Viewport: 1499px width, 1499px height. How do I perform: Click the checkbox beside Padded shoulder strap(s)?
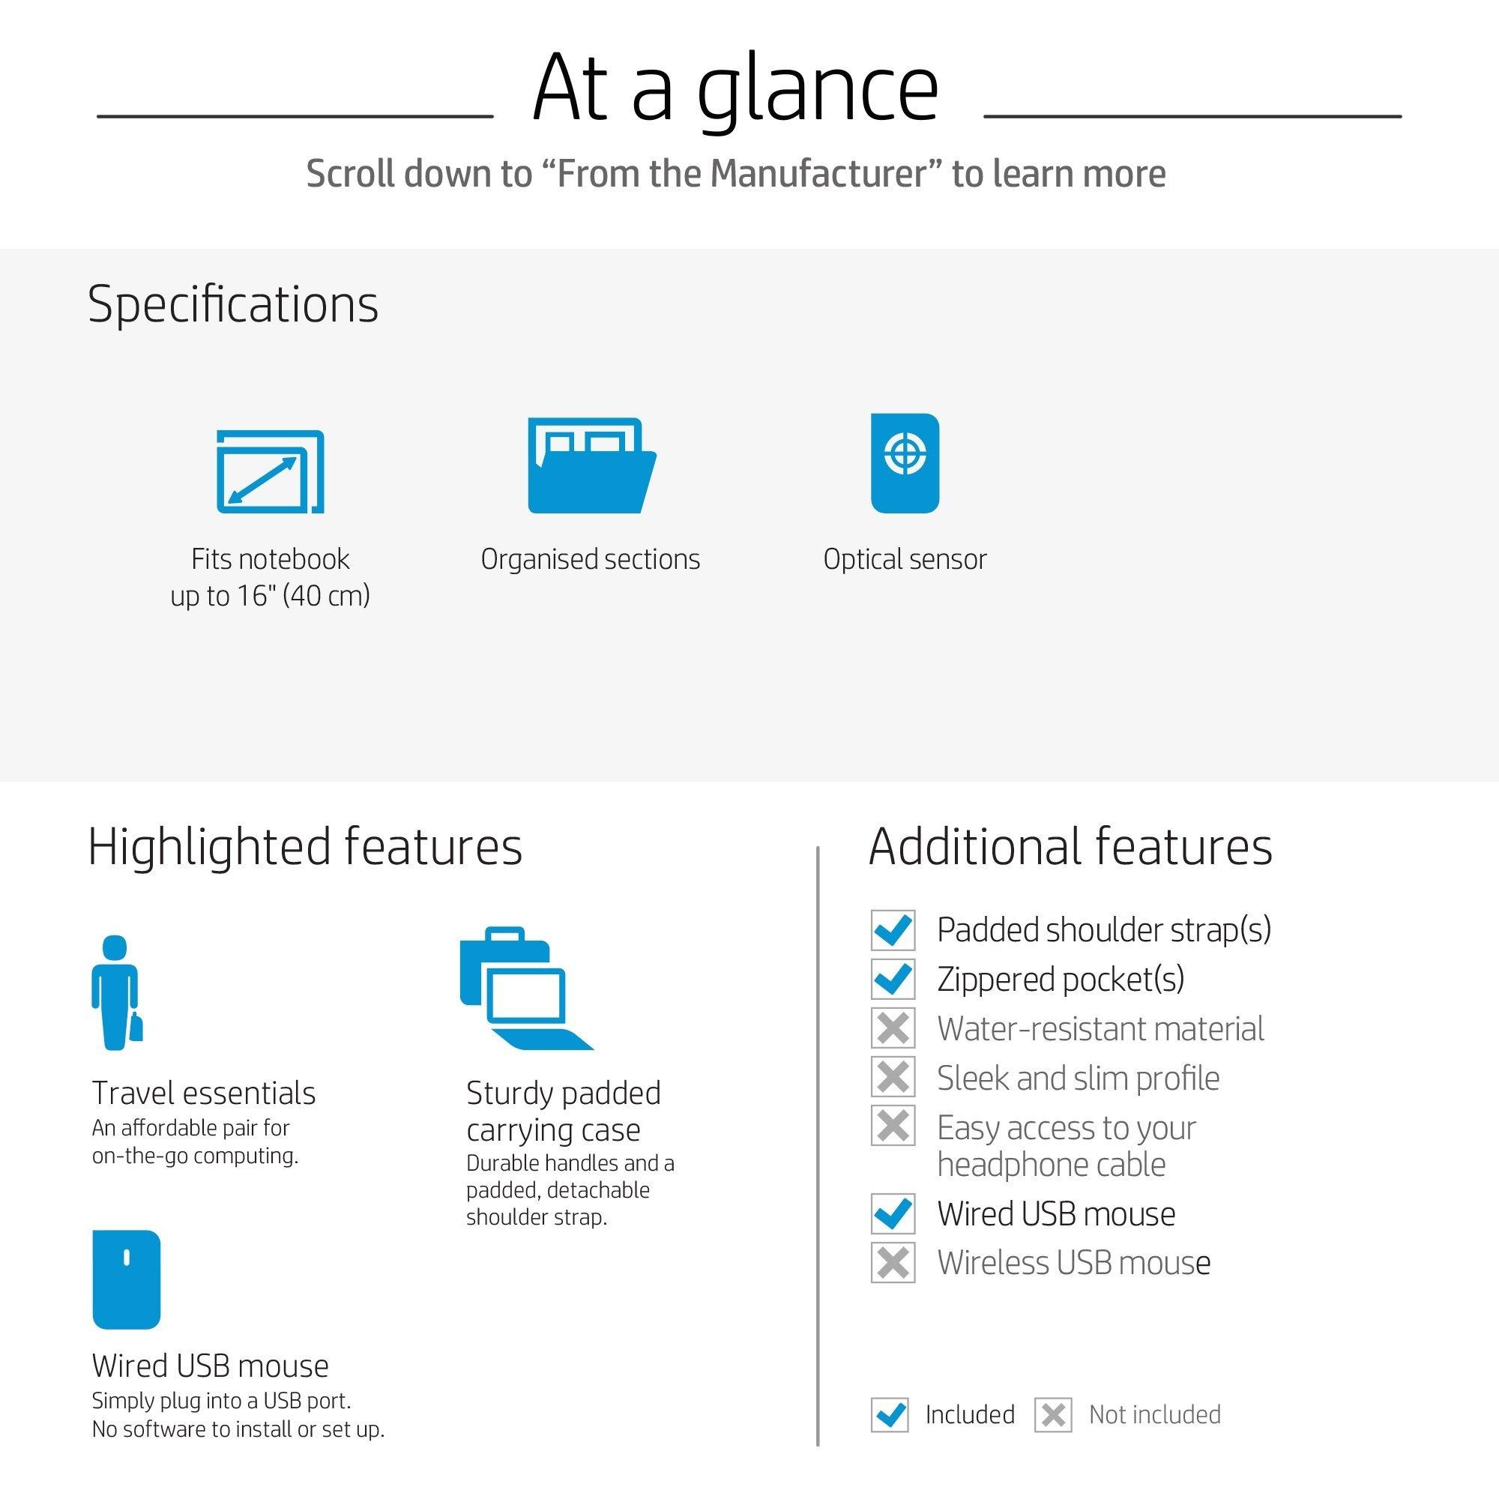[x=893, y=929]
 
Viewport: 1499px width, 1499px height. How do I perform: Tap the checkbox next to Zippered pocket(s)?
[x=893, y=979]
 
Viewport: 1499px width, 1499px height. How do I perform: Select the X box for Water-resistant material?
[x=893, y=1028]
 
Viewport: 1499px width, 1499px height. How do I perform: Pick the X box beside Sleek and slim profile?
[x=893, y=1077]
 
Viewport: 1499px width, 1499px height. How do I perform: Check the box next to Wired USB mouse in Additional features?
[x=893, y=1213]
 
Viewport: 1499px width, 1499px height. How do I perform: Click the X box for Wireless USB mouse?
[x=893, y=1262]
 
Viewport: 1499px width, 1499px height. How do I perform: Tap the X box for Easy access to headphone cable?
[x=893, y=1126]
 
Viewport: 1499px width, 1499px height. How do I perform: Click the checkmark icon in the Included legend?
[x=890, y=1414]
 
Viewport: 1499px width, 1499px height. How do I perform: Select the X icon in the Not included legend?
[x=1053, y=1414]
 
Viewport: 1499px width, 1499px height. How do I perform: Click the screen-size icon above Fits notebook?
[x=270, y=471]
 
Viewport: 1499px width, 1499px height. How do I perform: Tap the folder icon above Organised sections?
[x=592, y=465]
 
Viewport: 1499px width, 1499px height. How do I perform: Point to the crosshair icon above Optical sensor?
[x=905, y=463]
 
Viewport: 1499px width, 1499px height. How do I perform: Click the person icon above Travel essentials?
[x=117, y=992]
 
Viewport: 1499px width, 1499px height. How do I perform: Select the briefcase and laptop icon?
[x=526, y=989]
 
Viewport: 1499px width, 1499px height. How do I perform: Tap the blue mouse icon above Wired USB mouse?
[x=127, y=1279]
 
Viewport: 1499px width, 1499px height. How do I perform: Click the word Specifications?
[x=233, y=304]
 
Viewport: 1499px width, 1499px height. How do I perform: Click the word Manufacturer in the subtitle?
[x=818, y=173]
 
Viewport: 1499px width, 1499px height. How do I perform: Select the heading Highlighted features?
[x=305, y=846]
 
